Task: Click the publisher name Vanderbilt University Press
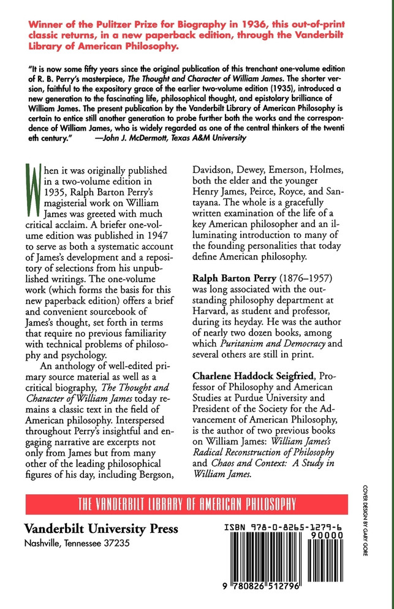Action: tap(101, 528)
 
